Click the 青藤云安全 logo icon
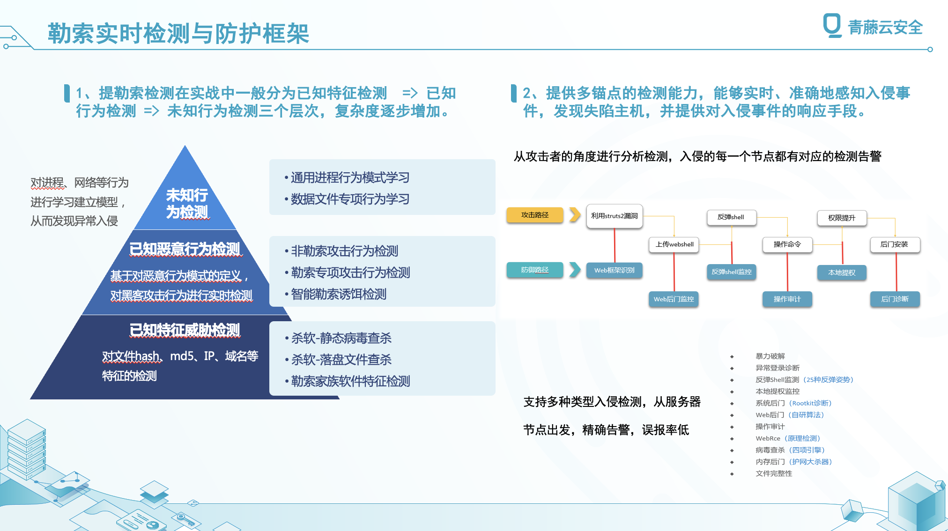coord(832,25)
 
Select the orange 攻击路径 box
coord(535,215)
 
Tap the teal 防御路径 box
coord(535,270)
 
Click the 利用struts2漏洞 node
coord(615,216)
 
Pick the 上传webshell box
coord(674,244)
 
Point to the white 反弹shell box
coord(731,217)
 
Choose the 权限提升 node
coord(842,218)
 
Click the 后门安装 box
coord(895,244)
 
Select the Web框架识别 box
coord(615,270)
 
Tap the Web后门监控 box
coord(674,299)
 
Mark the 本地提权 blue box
coord(842,273)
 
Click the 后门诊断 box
coord(895,299)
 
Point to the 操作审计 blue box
coord(787,299)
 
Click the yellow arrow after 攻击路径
coord(575,215)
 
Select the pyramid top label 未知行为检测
coord(187,203)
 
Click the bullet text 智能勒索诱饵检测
coord(339,294)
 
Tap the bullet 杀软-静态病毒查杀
coord(341,338)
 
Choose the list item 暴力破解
coord(770,356)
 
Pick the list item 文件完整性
coord(774,473)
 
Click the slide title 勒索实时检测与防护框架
coord(178,33)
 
